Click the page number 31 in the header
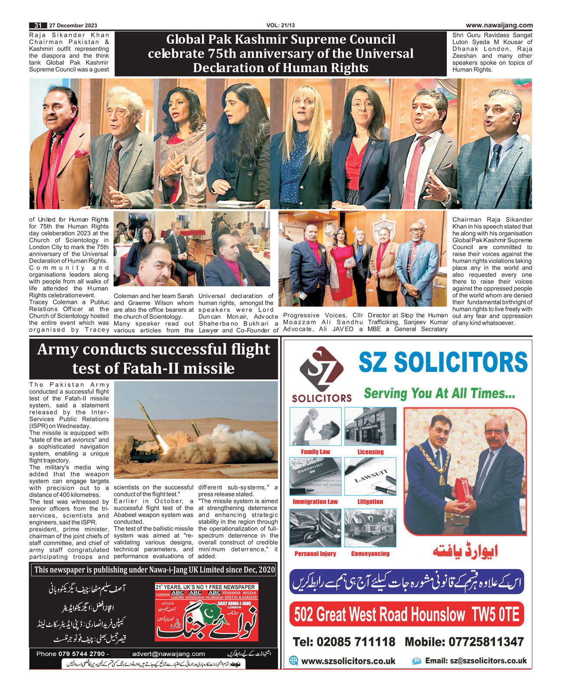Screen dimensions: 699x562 pos(38,26)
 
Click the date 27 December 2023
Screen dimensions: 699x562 pos(73,26)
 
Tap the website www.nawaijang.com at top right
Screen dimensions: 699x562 pos(499,26)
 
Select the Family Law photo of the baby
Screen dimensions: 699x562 pos(315,426)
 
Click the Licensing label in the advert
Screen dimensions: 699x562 pos(370,452)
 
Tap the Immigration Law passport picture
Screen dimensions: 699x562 pos(315,477)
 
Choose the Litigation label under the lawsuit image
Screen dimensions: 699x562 pos(370,502)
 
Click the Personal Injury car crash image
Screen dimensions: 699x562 pos(315,528)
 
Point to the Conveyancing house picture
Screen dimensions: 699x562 pos(370,528)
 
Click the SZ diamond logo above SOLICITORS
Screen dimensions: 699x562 pos(321,369)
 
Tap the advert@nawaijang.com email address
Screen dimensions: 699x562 pos(168,654)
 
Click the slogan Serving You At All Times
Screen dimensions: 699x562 pos(439,393)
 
